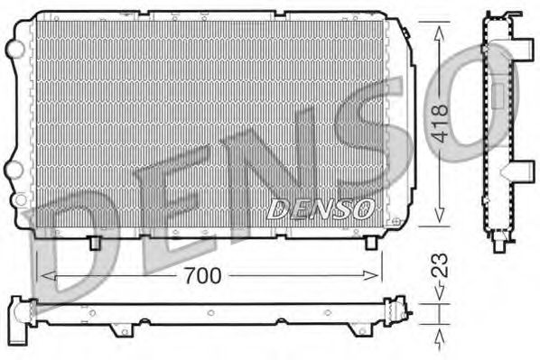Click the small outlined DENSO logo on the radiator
(321, 208)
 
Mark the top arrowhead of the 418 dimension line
(439, 30)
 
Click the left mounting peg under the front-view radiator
(95, 242)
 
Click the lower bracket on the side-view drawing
(522, 171)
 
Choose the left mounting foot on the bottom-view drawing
(116, 330)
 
